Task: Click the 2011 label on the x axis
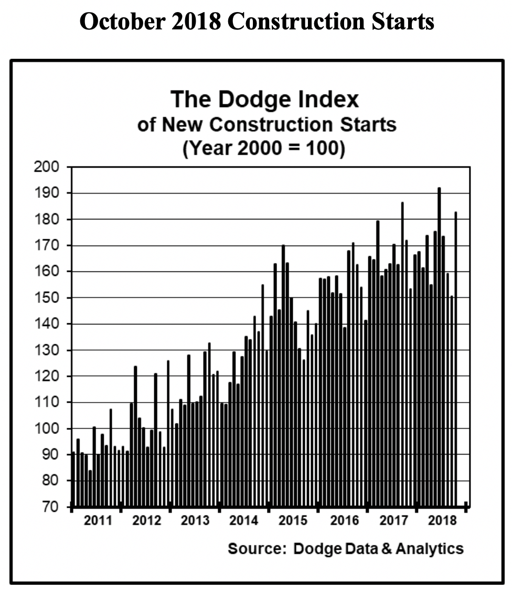point(98,521)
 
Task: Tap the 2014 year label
point(244,521)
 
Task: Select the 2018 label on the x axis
point(442,521)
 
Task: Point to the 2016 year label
point(344,521)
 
